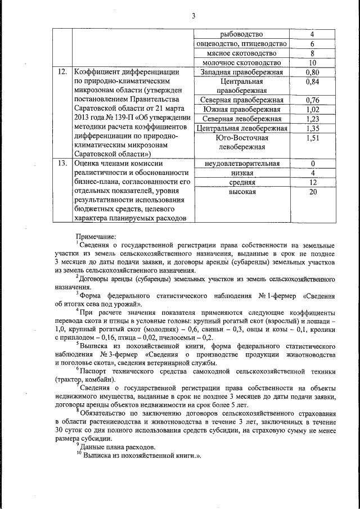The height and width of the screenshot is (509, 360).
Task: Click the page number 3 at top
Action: pyautogui.click(x=192, y=15)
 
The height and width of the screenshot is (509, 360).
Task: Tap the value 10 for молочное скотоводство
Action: pyautogui.click(x=312, y=62)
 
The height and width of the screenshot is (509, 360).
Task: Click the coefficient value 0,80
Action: pyautogui.click(x=312, y=72)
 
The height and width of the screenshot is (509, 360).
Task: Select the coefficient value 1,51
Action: pyautogui.click(x=312, y=138)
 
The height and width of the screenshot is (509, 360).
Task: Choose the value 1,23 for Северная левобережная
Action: pyautogui.click(x=312, y=119)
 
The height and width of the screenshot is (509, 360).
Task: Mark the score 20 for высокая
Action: pyautogui.click(x=312, y=192)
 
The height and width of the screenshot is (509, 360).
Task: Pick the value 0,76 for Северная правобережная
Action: pyautogui.click(x=312, y=100)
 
